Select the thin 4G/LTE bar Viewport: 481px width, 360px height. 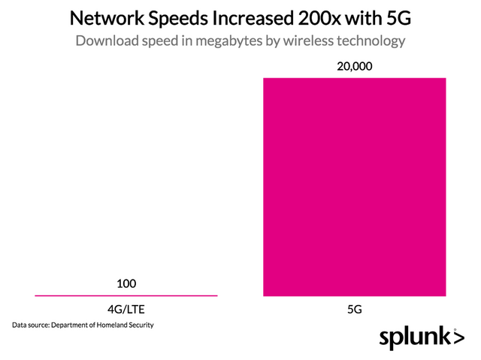tap(126, 295)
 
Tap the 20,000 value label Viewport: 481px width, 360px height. tap(355, 67)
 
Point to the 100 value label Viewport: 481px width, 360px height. tap(126, 284)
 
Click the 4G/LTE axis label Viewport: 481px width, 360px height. tap(126, 308)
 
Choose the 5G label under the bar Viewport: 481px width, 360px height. tap(355, 308)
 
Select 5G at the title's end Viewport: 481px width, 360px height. tap(398, 17)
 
